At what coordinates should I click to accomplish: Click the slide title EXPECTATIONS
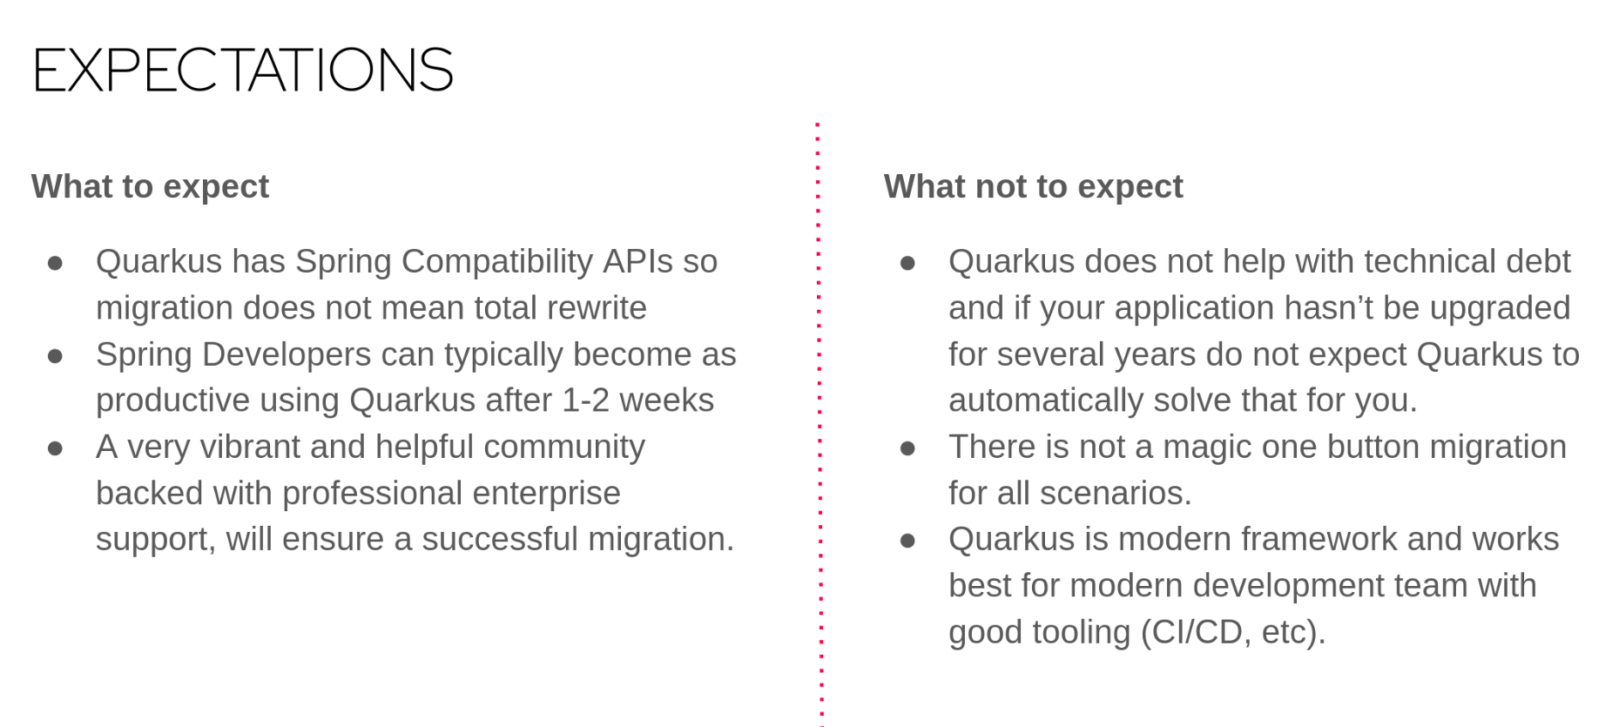pyautogui.click(x=242, y=70)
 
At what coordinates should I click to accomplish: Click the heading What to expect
pyautogui.click(x=150, y=186)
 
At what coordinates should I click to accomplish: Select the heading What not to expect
pyautogui.click(x=1033, y=186)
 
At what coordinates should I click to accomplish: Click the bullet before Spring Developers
pyautogui.click(x=55, y=355)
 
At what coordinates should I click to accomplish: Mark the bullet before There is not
pyautogui.click(x=907, y=448)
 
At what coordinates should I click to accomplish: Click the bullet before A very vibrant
pyautogui.click(x=55, y=448)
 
